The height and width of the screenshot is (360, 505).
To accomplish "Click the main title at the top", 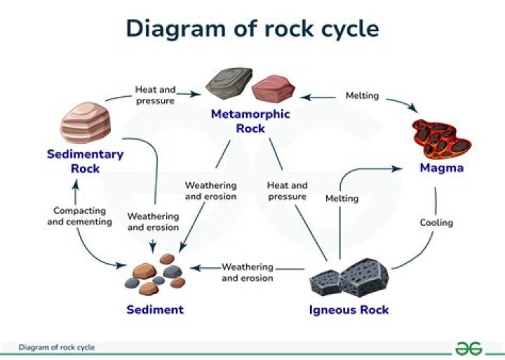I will tap(252, 28).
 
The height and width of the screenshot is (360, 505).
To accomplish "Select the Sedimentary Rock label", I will tap(85, 161).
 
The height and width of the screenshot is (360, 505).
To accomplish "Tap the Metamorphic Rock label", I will tap(250, 121).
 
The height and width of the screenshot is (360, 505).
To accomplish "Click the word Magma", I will tap(441, 168).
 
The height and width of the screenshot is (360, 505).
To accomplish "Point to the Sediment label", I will tap(155, 309).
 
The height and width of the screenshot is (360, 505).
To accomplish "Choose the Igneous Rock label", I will tap(349, 309).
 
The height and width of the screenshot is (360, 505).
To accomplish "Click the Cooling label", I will tap(436, 222).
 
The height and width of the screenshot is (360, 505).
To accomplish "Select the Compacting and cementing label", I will tap(79, 216).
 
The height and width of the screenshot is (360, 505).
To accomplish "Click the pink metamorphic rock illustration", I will tap(274, 88).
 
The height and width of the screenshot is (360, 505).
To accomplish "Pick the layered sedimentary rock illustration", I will tap(86, 123).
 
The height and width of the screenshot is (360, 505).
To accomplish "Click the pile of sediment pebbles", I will tap(155, 275).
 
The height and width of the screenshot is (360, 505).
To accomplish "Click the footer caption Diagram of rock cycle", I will tap(57, 347).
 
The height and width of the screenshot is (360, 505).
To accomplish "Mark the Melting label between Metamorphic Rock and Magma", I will tap(362, 95).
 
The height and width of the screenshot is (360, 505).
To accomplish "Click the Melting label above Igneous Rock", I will tap(342, 199).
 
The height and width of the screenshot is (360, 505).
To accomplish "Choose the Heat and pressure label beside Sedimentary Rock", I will tap(155, 95).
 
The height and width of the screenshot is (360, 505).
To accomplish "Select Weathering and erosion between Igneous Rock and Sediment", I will tap(247, 272).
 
